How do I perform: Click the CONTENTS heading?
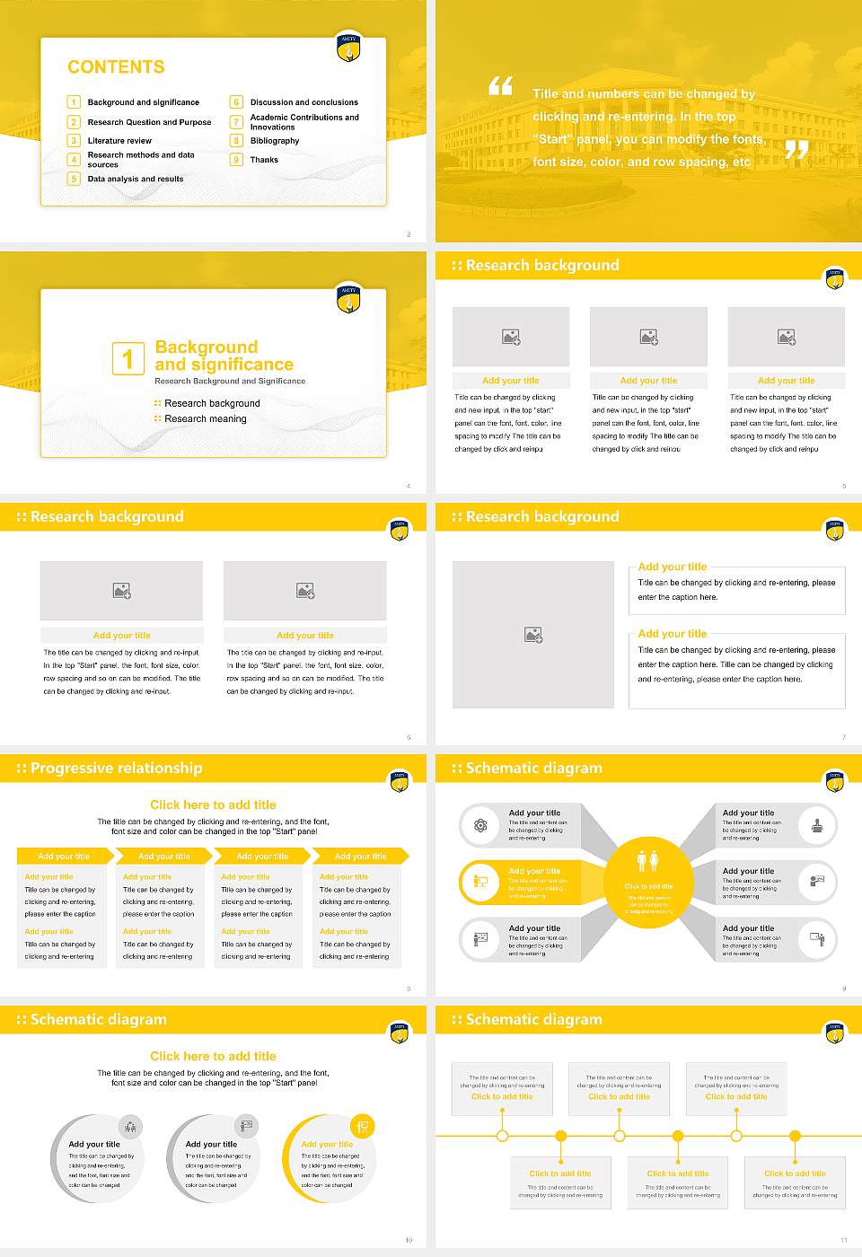click(x=116, y=67)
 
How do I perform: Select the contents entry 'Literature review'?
click(x=119, y=141)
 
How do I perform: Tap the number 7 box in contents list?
click(x=237, y=122)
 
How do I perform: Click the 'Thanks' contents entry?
click(x=264, y=160)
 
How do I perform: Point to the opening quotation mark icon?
click(x=500, y=86)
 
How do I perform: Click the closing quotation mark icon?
click(x=796, y=149)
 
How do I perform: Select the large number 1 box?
click(x=128, y=358)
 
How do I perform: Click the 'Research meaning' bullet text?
click(x=205, y=419)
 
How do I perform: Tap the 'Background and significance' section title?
click(x=224, y=356)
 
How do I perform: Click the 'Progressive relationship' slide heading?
click(x=116, y=769)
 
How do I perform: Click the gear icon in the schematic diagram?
click(x=480, y=825)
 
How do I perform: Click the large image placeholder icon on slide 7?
click(x=533, y=635)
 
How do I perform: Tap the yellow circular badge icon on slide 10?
click(x=362, y=1126)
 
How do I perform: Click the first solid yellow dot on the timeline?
click(x=560, y=1136)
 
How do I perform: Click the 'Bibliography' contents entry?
click(x=274, y=141)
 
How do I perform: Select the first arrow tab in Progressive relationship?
click(x=64, y=857)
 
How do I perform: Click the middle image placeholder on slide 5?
click(x=648, y=337)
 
